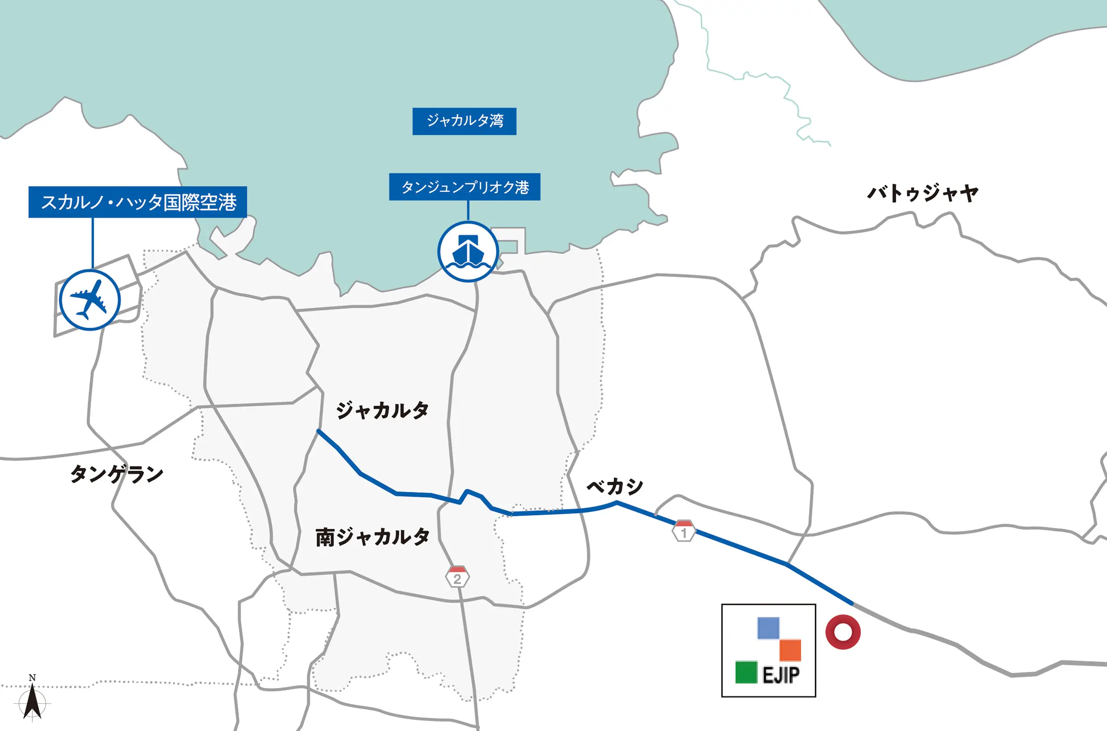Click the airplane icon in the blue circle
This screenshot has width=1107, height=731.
tap(89, 300)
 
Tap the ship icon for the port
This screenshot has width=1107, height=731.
tap(468, 252)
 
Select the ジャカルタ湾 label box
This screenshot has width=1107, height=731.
tap(464, 121)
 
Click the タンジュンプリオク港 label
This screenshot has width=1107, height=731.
tap(464, 187)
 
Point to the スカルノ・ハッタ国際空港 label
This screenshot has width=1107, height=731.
tap(138, 202)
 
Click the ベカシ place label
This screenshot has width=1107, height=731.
tap(614, 487)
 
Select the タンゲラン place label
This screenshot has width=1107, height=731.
tap(117, 474)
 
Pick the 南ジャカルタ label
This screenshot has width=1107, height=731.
tap(372, 537)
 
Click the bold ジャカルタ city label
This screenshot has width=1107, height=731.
tap(382, 410)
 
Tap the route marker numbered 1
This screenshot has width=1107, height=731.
tap(684, 531)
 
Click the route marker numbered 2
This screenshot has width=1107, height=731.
tap(457, 577)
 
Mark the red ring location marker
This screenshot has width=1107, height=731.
tap(843, 632)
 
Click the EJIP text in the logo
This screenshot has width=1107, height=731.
tap(781, 675)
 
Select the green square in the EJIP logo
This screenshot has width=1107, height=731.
tap(746, 672)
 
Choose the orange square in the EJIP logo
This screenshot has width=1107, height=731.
tap(790, 650)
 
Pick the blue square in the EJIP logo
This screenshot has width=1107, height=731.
tap(768, 628)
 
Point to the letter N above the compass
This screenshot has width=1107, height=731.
tap(32, 677)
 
